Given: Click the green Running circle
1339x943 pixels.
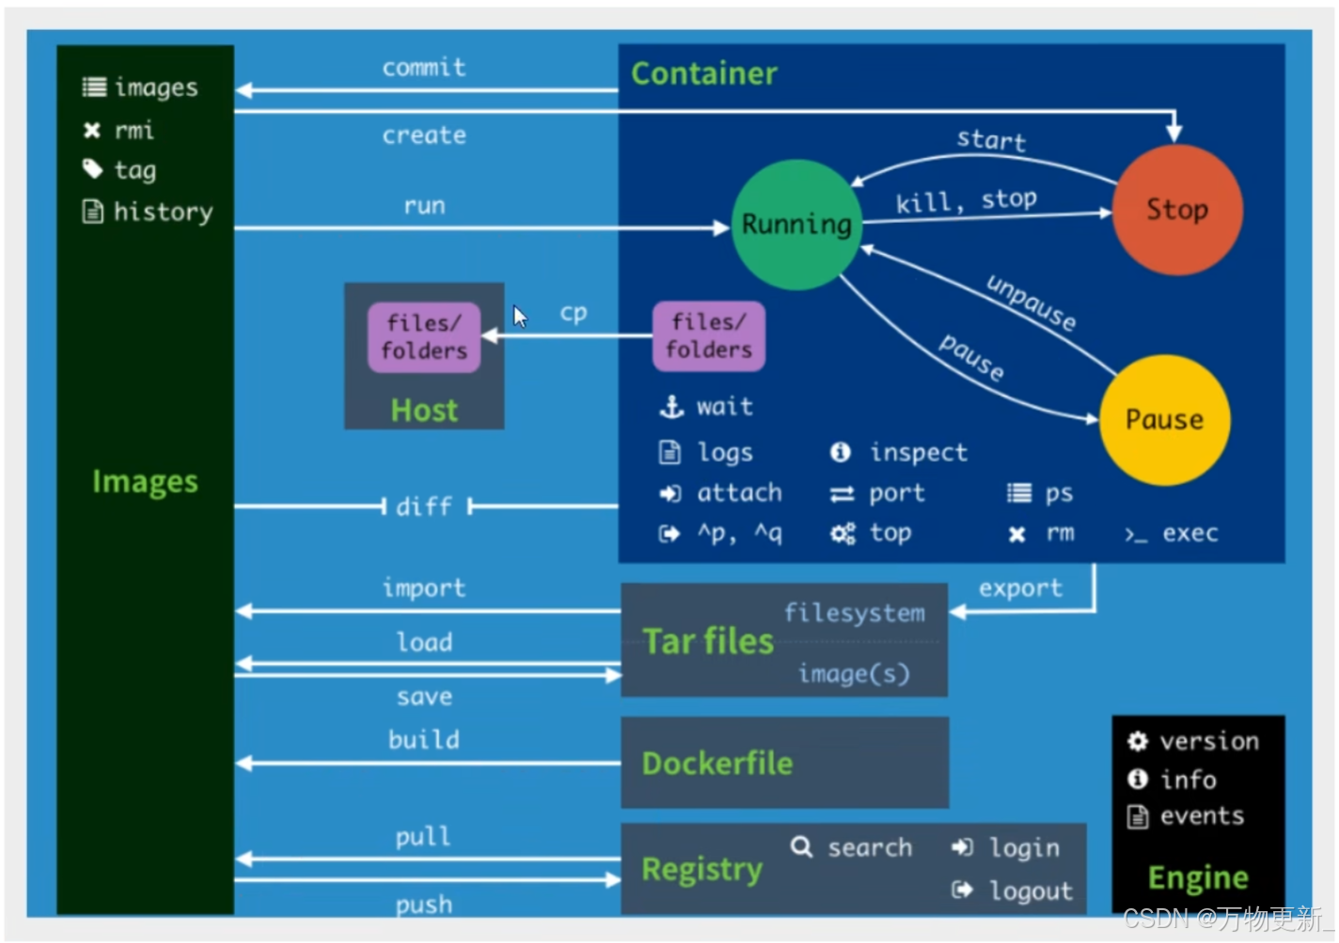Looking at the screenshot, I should (796, 224).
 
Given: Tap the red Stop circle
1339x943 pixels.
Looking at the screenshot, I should (1176, 209).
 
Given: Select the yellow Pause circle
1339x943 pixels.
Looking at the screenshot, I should (1164, 419).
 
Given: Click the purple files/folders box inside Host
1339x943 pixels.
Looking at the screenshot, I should (424, 337).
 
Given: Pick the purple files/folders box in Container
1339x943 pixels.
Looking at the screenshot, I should (709, 336).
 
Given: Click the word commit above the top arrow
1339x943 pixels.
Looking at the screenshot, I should (424, 68).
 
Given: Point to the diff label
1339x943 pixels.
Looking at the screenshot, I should (424, 507).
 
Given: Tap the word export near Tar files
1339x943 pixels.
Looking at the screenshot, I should (1020, 589).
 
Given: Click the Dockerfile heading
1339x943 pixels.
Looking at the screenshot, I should (717, 763).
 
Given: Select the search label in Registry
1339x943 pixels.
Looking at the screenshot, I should (870, 848).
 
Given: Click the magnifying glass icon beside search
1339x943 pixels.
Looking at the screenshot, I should (801, 847).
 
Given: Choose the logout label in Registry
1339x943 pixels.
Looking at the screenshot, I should (1031, 891).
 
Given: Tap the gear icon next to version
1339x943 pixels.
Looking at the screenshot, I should (1138, 742).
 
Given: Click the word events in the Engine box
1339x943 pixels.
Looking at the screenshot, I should (1202, 816).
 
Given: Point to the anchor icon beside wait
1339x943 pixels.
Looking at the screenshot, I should (671, 407).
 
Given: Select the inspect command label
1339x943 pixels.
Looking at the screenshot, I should (918, 453).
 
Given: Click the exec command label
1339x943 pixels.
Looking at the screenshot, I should (1189, 534).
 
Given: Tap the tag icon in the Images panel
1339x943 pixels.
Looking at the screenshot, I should (92, 169).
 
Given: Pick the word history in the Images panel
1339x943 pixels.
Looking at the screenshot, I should (163, 212).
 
